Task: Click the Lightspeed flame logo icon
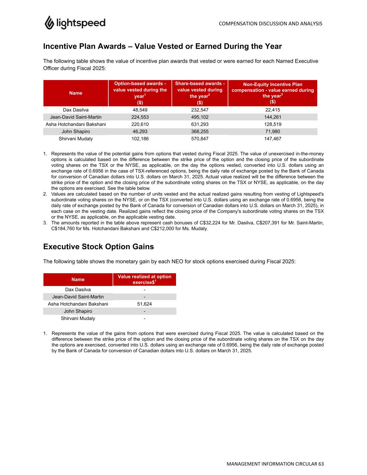tap(49, 23)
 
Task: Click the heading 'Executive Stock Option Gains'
tap(98, 247)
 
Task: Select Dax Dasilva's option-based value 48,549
tap(140, 110)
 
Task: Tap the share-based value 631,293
tap(200, 124)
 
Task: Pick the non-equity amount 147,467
tap(272, 138)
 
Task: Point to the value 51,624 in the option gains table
tap(144, 304)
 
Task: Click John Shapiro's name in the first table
tap(76, 132)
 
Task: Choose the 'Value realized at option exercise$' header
tap(144, 279)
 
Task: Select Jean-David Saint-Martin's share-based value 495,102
tap(200, 117)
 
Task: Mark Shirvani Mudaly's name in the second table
tap(78, 318)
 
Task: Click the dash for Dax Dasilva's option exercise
tap(144, 290)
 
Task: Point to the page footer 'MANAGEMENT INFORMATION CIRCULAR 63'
tap(275, 464)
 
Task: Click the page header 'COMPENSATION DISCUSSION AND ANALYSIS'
tap(270, 24)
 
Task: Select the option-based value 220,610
tap(140, 124)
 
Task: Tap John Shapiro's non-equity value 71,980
tap(272, 132)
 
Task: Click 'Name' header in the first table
tap(76, 93)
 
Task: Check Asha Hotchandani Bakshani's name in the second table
tap(78, 304)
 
